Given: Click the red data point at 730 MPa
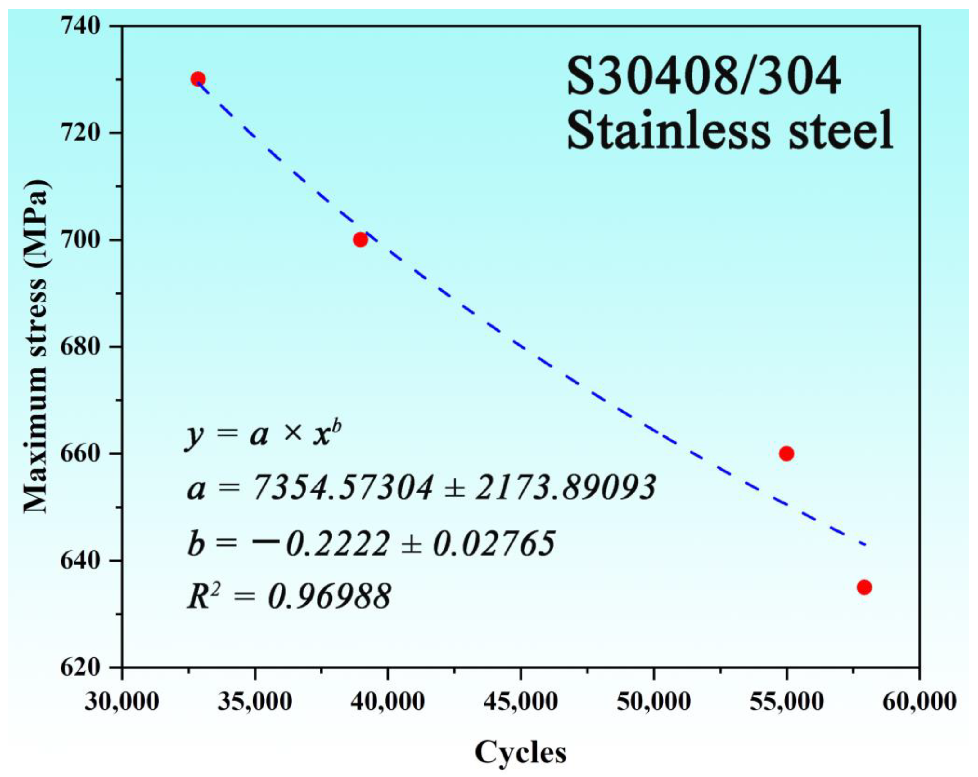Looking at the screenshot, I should [198, 79].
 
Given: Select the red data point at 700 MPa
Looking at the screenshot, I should [360, 239].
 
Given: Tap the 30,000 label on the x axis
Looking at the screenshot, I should [122, 702].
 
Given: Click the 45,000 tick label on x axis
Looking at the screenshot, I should [520, 702].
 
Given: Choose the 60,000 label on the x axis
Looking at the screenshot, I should [919, 702].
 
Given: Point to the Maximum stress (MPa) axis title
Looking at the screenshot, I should [35, 347].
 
